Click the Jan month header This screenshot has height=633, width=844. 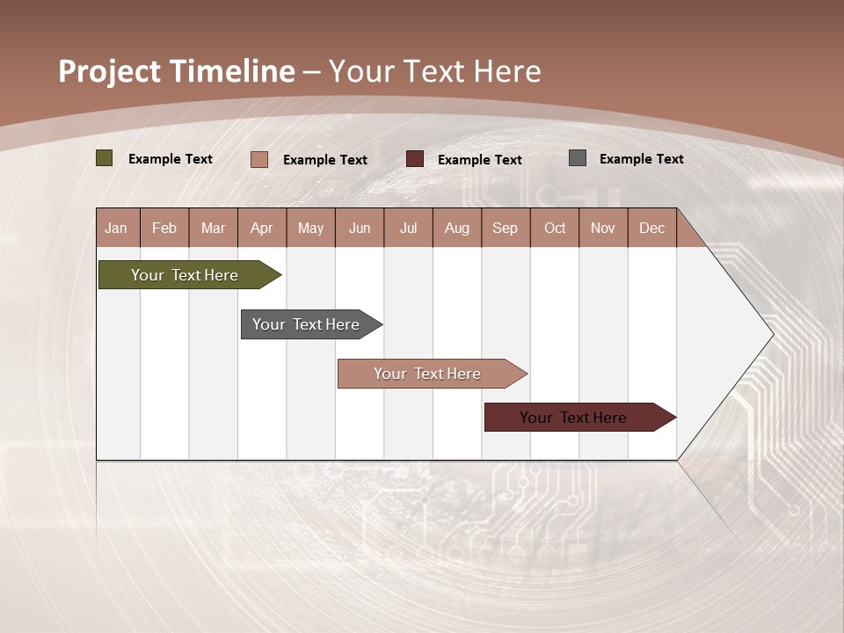pyautogui.click(x=117, y=228)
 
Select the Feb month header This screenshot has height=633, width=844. pyautogui.click(x=164, y=228)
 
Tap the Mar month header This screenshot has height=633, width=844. pyautogui.click(x=213, y=228)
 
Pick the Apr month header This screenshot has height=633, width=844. pyautogui.click(x=262, y=228)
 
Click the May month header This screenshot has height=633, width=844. pyautogui.click(x=310, y=228)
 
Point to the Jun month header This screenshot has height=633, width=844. pyautogui.click(x=360, y=228)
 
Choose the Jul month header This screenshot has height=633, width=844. pyautogui.click(x=408, y=228)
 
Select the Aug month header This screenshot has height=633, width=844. pyautogui.click(x=457, y=228)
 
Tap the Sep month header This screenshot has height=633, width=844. pyautogui.click(x=506, y=228)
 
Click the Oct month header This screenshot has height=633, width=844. pyautogui.click(x=555, y=228)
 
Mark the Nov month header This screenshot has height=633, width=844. pyautogui.click(x=603, y=228)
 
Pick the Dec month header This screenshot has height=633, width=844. pyautogui.click(x=651, y=228)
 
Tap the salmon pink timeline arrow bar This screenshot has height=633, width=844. pyautogui.click(x=428, y=374)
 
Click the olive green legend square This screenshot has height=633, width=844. pyautogui.click(x=105, y=158)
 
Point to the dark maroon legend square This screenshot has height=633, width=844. pyautogui.click(x=415, y=159)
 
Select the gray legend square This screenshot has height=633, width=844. pyautogui.click(x=578, y=158)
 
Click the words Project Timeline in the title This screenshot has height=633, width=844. pyautogui.click(x=177, y=71)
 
